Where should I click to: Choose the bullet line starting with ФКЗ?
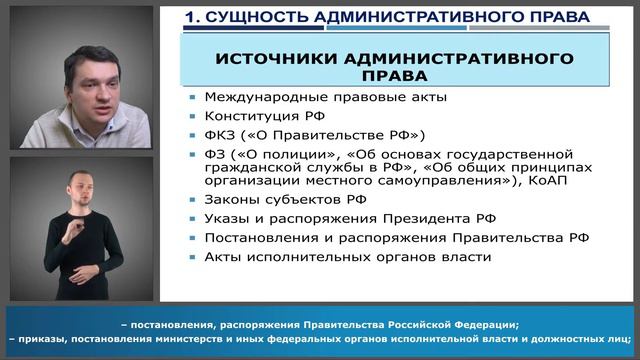click(x=301, y=134)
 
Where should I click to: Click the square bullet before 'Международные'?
click(x=191, y=98)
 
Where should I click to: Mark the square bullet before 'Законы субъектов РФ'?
click(x=191, y=201)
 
